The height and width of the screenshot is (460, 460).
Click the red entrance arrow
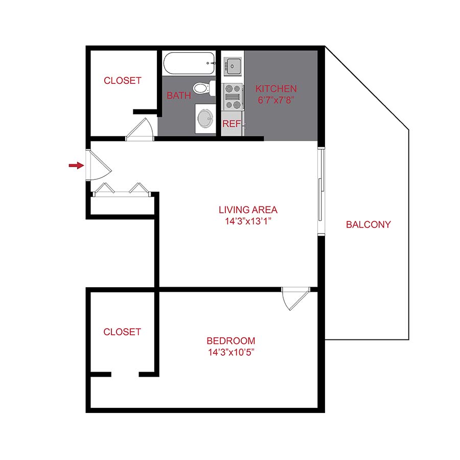(x=76, y=165)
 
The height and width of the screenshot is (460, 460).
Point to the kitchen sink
(x=233, y=65)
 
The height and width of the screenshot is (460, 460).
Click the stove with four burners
(x=233, y=96)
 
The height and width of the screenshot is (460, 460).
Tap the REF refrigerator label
(x=231, y=124)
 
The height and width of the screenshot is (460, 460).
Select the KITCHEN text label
(x=276, y=89)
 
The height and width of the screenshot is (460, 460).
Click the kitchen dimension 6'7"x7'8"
(x=276, y=101)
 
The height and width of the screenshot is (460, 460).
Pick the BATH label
(x=179, y=96)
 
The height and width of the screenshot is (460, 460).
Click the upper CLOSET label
(x=122, y=81)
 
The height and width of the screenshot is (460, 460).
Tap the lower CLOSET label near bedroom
(x=122, y=332)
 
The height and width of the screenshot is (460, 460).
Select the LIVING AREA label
(x=248, y=210)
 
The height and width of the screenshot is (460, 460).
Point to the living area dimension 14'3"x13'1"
(x=248, y=221)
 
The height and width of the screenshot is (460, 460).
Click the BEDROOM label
(x=231, y=341)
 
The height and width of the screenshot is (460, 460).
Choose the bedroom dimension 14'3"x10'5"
(x=231, y=353)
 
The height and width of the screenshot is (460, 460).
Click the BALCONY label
(x=368, y=224)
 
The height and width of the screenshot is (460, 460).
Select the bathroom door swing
(x=140, y=129)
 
